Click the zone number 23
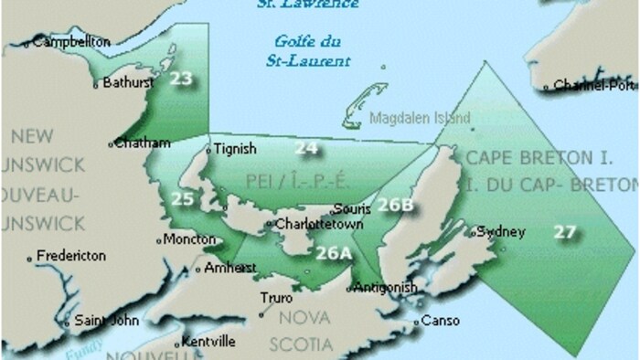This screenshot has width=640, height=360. [181, 79]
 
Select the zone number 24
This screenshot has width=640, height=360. [306, 148]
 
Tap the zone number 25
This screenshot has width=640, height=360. [182, 198]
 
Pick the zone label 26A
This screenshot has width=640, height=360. [333, 253]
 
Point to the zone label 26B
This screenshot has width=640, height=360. [396, 205]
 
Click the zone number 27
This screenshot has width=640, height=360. [565, 231]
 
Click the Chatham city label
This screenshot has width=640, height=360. [144, 143]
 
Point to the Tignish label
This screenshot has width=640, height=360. [235, 149]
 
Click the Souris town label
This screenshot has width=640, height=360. [352, 208]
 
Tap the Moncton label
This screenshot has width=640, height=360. [189, 240]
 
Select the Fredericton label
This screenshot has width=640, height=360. [71, 257]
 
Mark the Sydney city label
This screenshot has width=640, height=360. [501, 231]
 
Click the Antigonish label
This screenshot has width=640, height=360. [386, 287]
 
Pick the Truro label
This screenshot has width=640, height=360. [277, 299]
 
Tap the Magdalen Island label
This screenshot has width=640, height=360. [421, 119]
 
